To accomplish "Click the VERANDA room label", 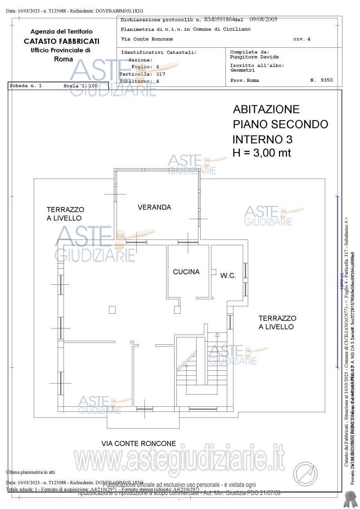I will (154, 207).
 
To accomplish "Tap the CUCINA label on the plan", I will (186, 272).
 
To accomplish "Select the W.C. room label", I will (228, 275).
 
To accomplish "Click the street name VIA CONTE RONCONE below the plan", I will (139, 443).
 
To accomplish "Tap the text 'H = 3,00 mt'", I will (261, 153).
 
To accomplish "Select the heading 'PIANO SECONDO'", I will (280, 124).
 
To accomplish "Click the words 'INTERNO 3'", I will (262, 139).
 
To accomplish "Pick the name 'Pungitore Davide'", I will (254, 57).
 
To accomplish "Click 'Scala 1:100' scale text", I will (81, 85).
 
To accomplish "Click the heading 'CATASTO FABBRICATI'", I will (62, 41).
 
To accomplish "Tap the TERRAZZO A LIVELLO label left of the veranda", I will (65, 214).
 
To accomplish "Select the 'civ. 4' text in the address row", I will (301, 39).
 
